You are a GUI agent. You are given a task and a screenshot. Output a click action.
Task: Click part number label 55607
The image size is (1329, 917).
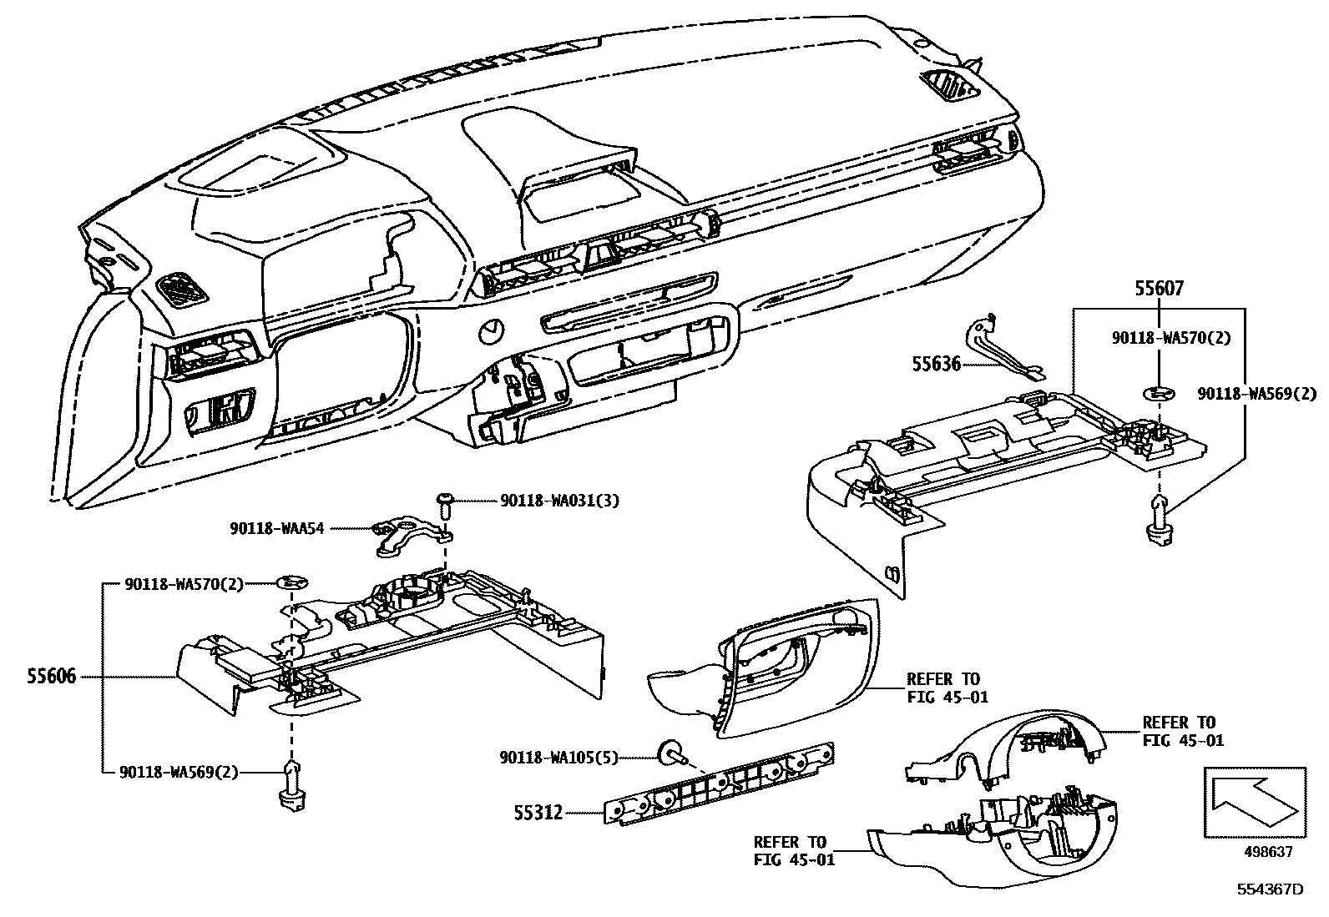click(x=1159, y=289)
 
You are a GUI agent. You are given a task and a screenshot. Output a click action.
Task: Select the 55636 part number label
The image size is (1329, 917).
click(x=936, y=365)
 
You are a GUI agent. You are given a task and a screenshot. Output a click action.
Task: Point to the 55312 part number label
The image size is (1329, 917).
click(x=538, y=811)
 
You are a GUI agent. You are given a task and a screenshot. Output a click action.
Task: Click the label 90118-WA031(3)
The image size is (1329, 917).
click(x=559, y=501)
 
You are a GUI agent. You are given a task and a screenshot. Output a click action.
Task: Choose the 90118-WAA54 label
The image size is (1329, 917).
click(x=276, y=528)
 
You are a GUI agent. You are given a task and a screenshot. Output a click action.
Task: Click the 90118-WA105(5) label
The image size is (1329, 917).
click(x=558, y=758)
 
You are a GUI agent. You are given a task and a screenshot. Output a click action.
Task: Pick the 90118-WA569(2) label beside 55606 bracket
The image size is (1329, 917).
click(x=181, y=773)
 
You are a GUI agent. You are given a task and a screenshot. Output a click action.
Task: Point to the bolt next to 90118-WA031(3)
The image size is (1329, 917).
click(x=443, y=508)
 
